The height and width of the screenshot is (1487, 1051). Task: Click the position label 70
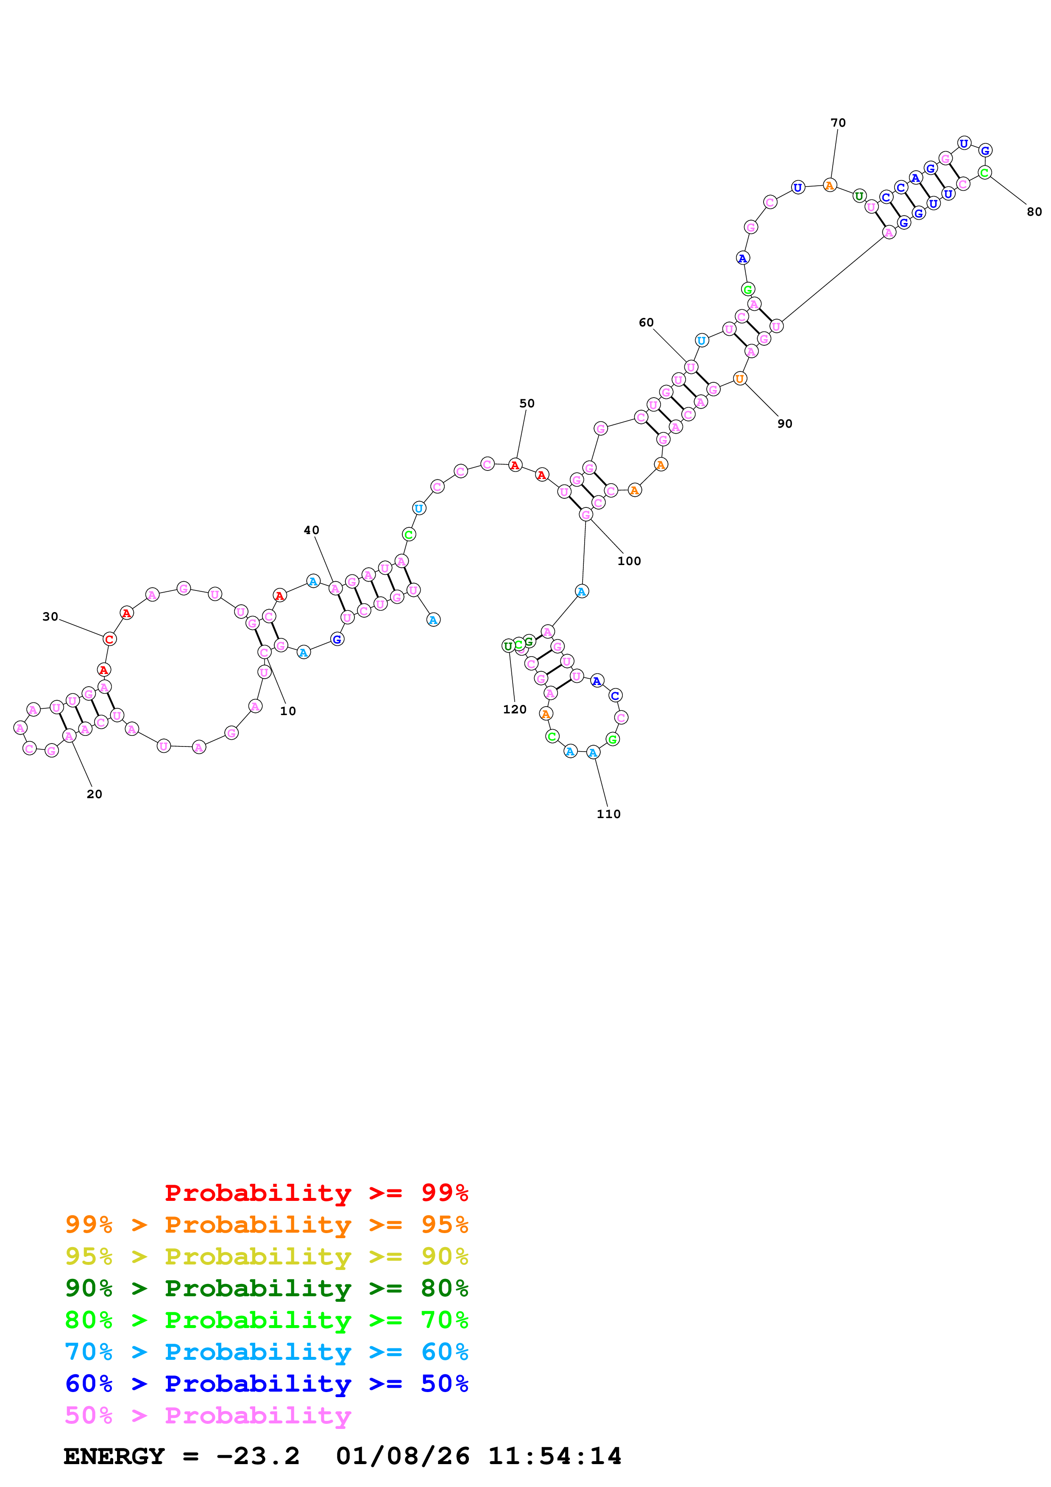point(837,123)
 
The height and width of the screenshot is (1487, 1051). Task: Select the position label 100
point(629,561)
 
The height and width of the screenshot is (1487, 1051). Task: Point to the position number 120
point(515,709)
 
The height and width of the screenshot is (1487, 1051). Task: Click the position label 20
point(95,794)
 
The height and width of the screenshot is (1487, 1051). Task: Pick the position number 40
point(312,530)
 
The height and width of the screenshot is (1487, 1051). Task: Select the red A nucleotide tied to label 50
point(515,465)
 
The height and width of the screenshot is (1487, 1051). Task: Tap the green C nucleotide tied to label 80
point(984,172)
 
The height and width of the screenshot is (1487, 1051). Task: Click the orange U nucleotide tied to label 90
point(739,378)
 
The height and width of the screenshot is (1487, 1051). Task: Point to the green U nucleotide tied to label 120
point(508,646)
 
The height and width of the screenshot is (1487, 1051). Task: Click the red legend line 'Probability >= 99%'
point(316,1192)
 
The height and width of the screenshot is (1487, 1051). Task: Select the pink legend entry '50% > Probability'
point(208,1415)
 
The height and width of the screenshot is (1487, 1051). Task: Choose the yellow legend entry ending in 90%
point(266,1256)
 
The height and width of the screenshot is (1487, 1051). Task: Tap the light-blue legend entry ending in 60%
point(266,1352)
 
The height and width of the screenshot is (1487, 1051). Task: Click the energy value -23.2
point(258,1456)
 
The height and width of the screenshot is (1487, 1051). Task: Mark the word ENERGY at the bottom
point(114,1456)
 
